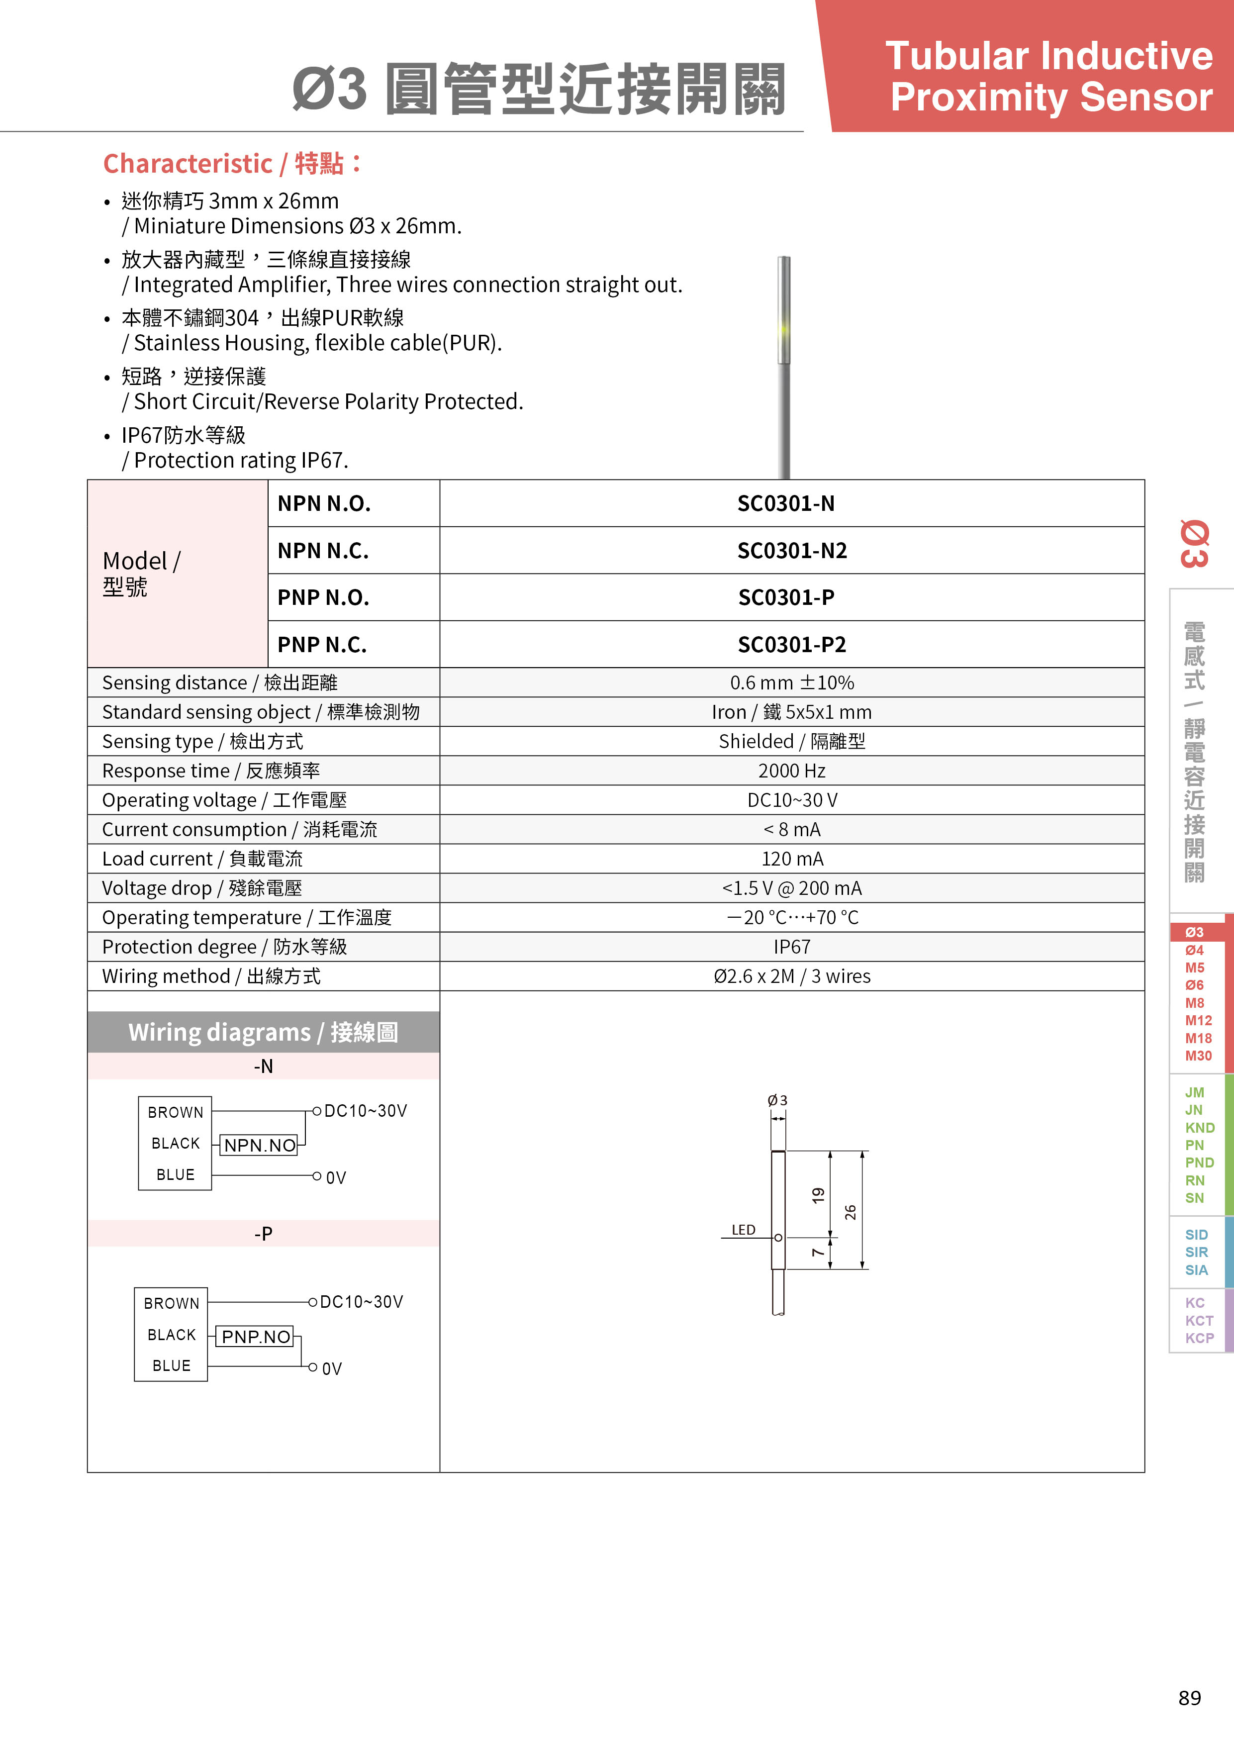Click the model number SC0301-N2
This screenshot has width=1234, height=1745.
pos(792,550)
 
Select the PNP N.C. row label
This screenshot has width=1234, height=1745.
pos(322,645)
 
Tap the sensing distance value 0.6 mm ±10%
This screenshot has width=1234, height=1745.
pos(792,682)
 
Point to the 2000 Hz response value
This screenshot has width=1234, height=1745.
pos(792,771)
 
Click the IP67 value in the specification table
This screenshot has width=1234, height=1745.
pos(792,947)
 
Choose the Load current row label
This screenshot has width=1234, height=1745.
pos(202,859)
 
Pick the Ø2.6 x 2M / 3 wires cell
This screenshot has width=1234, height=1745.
pos(792,976)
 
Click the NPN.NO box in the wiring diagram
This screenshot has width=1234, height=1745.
pos(260,1146)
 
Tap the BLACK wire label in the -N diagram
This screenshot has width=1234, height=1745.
pos(176,1144)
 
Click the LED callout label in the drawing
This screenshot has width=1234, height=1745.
pos(743,1230)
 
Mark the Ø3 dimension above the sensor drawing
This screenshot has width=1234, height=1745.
pos(777,1100)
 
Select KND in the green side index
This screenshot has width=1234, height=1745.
pos(1200,1128)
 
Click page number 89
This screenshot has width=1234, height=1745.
pos(1190,1698)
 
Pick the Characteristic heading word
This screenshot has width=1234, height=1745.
pos(188,163)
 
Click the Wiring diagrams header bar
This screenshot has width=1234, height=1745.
pos(263,1032)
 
